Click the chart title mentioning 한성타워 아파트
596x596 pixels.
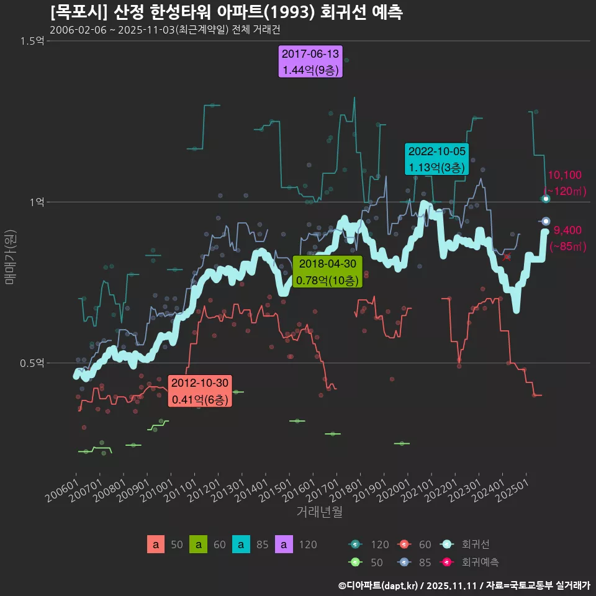click(226, 12)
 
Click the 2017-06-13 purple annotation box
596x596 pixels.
click(310, 62)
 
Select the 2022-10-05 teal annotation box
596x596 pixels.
click(436, 159)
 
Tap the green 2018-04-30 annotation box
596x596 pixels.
click(327, 273)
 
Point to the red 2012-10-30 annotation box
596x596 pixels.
click(200, 391)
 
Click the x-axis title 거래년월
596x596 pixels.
click(319, 512)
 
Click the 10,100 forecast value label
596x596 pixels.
click(564, 176)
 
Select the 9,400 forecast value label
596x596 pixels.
click(567, 231)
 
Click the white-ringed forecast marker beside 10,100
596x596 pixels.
click(546, 199)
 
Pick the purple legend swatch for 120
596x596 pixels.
click(283, 545)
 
